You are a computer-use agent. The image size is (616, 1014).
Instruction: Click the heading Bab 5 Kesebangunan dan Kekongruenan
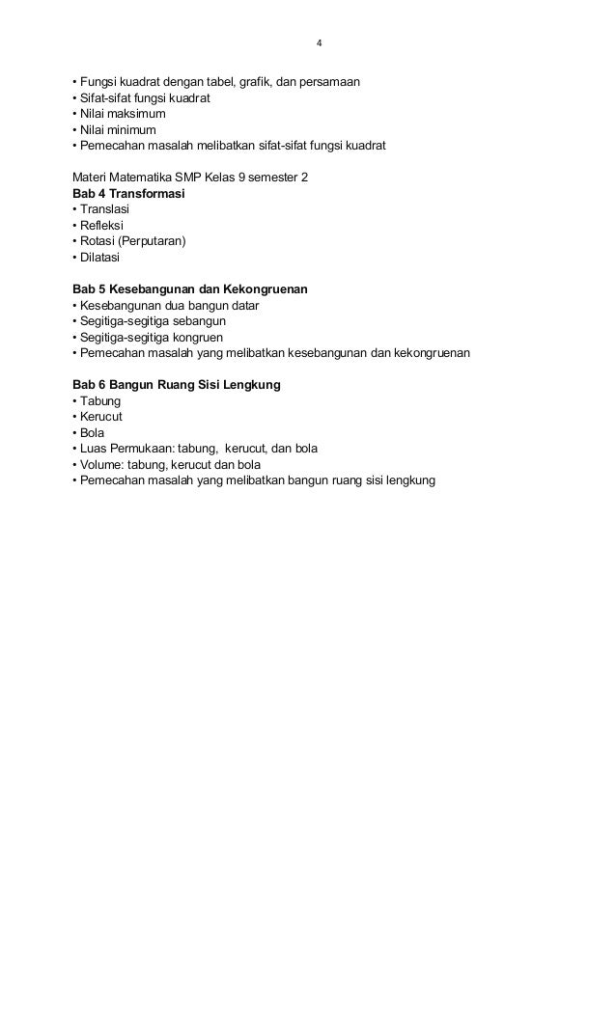(190, 289)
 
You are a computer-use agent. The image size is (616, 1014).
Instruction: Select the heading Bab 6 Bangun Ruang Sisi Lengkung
(177, 385)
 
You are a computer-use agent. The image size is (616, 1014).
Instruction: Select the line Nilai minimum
(117, 129)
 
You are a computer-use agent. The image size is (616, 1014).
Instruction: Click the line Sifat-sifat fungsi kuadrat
(141, 97)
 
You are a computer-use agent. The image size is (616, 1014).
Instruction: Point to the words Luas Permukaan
(123, 449)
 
